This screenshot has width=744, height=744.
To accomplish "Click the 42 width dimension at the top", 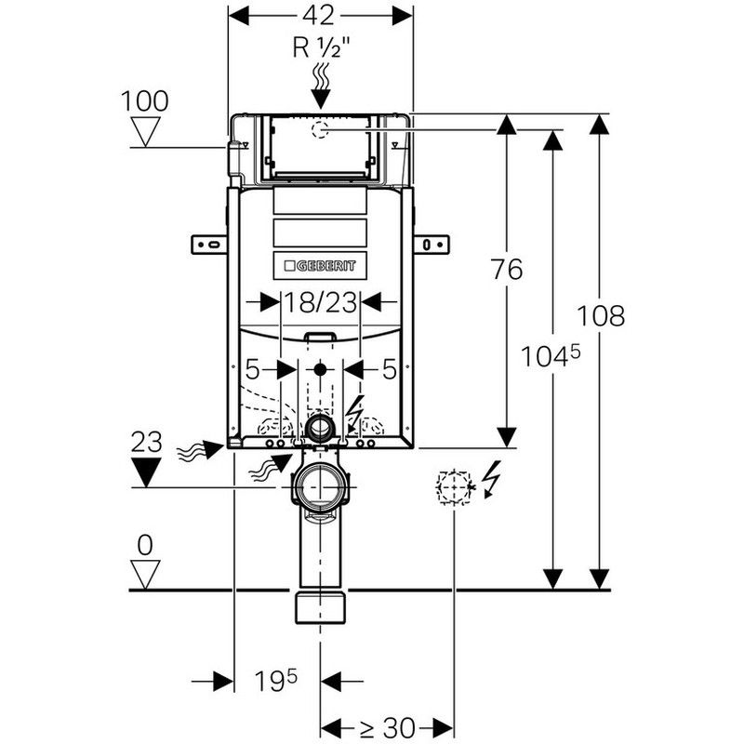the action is (x=319, y=16).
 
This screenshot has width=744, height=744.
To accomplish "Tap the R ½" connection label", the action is (x=321, y=47).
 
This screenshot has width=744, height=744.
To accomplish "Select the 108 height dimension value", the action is (x=601, y=315).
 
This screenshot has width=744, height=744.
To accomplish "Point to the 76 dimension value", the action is (x=507, y=270).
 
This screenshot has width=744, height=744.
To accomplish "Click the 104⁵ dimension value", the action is (x=551, y=356).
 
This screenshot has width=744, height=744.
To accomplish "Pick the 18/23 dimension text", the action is (x=320, y=302).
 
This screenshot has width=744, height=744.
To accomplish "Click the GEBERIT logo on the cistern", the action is (x=320, y=266).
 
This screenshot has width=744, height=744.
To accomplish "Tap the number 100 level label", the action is (x=145, y=101).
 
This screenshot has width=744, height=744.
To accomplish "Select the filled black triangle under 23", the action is (x=146, y=472).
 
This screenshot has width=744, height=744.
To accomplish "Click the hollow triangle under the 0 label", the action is (x=145, y=574).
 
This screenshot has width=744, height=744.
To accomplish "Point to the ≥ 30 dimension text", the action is (x=387, y=727).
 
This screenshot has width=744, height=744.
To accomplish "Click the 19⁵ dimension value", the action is (x=275, y=681).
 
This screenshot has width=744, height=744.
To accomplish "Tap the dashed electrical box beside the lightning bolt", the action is (x=454, y=487).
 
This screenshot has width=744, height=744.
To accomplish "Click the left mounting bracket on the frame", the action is (x=209, y=245).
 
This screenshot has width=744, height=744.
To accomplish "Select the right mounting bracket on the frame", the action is (x=432, y=245).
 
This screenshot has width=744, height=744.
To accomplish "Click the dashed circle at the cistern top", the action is (x=320, y=129).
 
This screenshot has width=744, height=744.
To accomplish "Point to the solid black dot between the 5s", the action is (x=320, y=369).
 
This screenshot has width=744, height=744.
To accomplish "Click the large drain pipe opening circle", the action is (x=321, y=487).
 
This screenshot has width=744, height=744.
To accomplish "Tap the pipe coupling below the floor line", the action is (x=321, y=607).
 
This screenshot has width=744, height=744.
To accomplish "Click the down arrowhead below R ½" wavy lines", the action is (x=321, y=100).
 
